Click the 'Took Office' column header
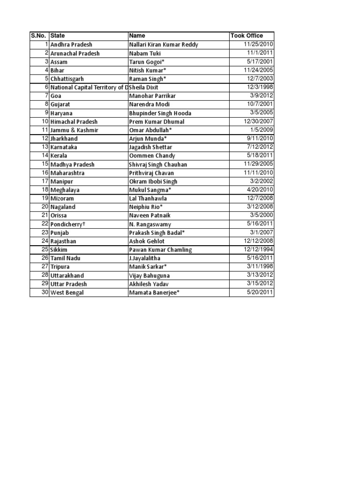point(247,36)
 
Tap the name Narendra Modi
point(150,105)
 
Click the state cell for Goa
point(56,96)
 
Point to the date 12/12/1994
point(258,249)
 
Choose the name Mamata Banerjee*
point(154,292)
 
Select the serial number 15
point(45,164)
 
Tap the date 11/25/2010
point(258,44)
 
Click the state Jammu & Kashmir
point(75,130)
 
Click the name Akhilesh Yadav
point(150,284)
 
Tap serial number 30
point(45,292)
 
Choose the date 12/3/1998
point(260,87)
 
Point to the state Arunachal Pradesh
point(75,53)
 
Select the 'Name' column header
point(137,36)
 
